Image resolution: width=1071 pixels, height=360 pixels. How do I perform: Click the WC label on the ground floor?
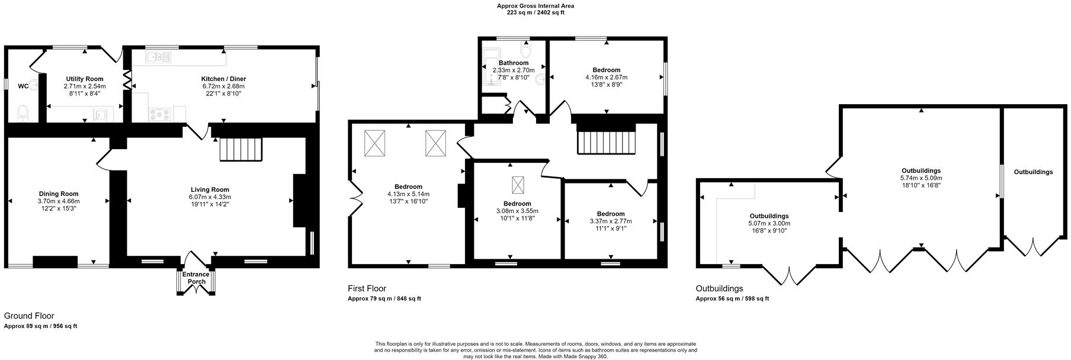(23, 86)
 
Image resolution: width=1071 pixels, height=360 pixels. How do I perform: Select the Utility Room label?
(85, 79)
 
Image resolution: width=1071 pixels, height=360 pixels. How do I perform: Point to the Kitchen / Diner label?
(223, 79)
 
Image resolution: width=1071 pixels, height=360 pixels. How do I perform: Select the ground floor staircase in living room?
(241, 149)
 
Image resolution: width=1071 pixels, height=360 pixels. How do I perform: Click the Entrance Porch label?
(195, 278)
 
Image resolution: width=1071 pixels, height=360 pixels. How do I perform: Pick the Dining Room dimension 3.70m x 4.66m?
(59, 201)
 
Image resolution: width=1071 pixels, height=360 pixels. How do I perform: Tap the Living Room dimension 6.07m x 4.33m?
(210, 197)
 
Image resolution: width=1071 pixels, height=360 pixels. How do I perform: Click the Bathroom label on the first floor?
(513, 63)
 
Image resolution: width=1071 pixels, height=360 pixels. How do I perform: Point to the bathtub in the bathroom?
(492, 68)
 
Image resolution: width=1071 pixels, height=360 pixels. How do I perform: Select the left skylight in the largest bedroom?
(375, 143)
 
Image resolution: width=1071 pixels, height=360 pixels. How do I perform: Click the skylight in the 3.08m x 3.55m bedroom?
(518, 185)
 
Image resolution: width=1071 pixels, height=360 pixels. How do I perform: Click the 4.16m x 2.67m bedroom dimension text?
(606, 78)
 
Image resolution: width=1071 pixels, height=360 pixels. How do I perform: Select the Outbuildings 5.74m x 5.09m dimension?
(921, 178)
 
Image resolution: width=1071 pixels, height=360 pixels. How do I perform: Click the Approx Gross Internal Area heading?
(535, 6)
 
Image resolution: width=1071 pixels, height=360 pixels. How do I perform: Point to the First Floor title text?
(367, 289)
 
